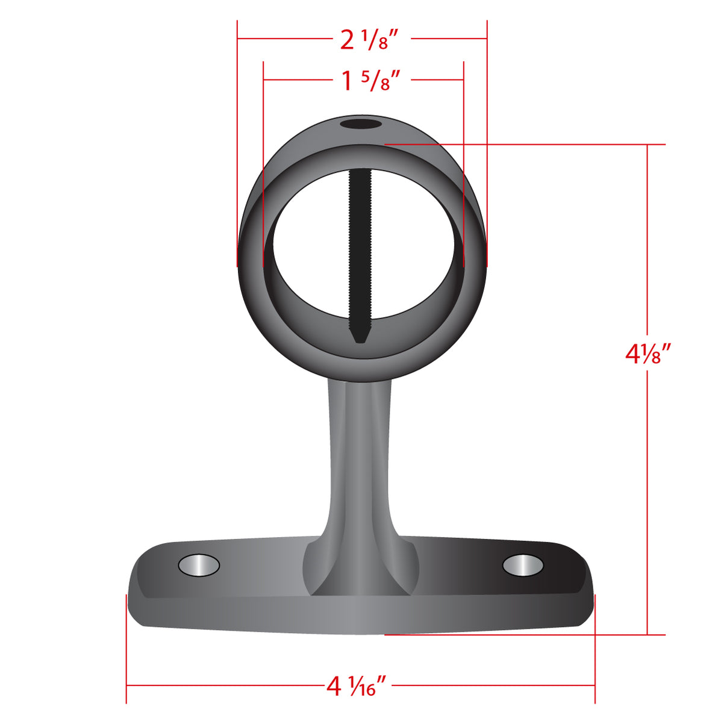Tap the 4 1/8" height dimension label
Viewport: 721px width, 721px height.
click(648, 354)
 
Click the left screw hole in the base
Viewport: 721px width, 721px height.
click(199, 565)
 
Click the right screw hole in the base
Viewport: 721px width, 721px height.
click(523, 565)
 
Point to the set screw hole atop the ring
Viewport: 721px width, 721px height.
click(361, 125)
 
